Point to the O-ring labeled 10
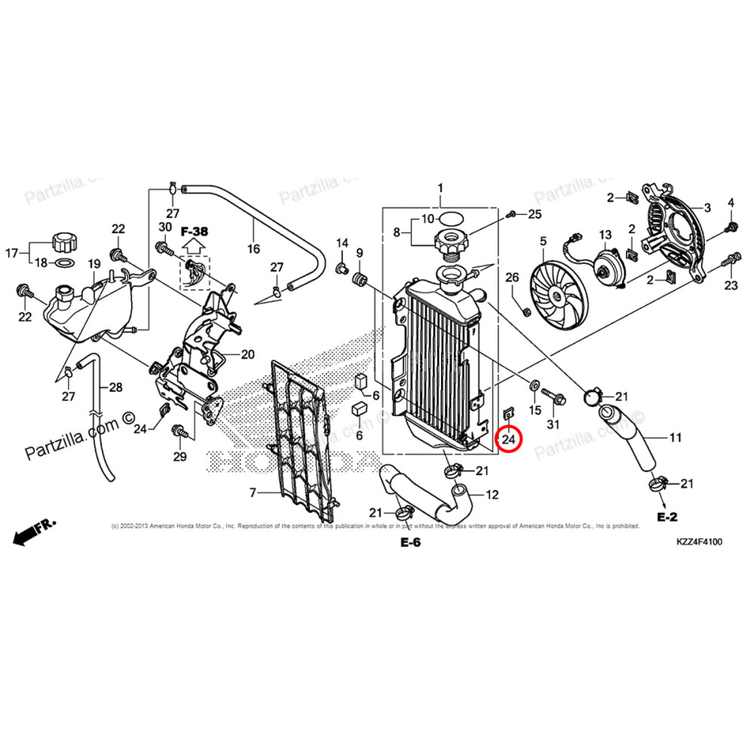(449, 219)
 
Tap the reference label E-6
(409, 544)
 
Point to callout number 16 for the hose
(253, 248)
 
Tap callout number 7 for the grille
(253, 493)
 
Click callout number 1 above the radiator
(440, 187)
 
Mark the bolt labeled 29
(179, 431)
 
